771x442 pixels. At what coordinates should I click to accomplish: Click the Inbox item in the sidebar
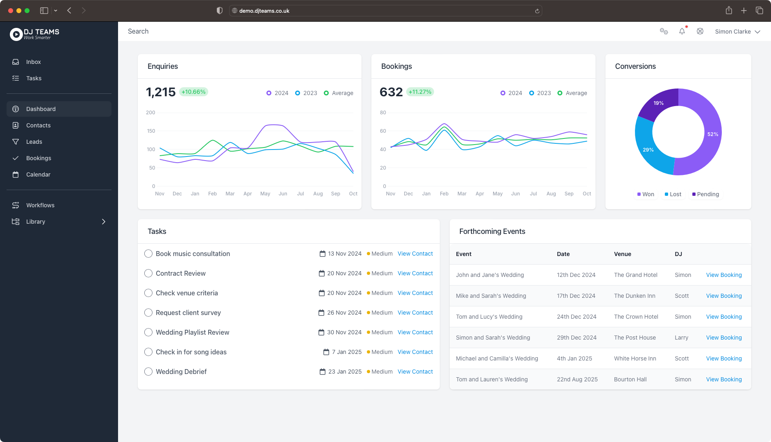(33, 62)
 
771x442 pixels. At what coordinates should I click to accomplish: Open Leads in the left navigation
(34, 142)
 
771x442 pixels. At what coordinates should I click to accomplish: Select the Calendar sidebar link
(38, 175)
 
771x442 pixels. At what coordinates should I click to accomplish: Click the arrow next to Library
(104, 222)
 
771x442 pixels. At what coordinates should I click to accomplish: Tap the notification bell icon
(682, 32)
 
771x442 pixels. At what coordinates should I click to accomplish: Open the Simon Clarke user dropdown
(737, 32)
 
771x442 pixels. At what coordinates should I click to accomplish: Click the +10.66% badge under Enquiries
(193, 92)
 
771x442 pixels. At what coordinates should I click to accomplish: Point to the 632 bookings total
(391, 92)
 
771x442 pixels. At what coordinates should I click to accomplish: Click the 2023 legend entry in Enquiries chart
(306, 93)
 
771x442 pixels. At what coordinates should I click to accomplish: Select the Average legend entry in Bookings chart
(572, 93)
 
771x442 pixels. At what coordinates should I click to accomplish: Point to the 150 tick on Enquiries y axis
(151, 131)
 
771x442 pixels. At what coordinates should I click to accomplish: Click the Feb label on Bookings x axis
(444, 194)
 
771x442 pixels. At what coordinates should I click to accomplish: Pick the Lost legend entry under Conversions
(673, 194)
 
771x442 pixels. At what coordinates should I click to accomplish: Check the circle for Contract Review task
(148, 273)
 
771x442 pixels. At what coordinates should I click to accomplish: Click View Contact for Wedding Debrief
(415, 372)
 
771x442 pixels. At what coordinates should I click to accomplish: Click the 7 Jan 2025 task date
(346, 352)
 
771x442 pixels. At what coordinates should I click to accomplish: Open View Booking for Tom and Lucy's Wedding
(723, 317)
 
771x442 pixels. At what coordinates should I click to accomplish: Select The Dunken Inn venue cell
(635, 296)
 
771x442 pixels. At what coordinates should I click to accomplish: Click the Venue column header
(622, 254)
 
